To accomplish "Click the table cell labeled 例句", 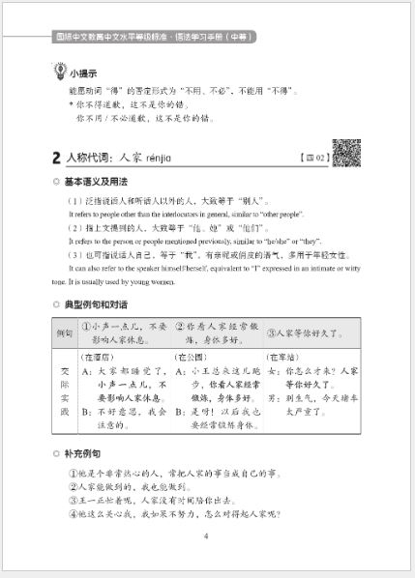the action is [65, 333].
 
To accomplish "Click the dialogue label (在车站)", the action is [285, 358].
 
